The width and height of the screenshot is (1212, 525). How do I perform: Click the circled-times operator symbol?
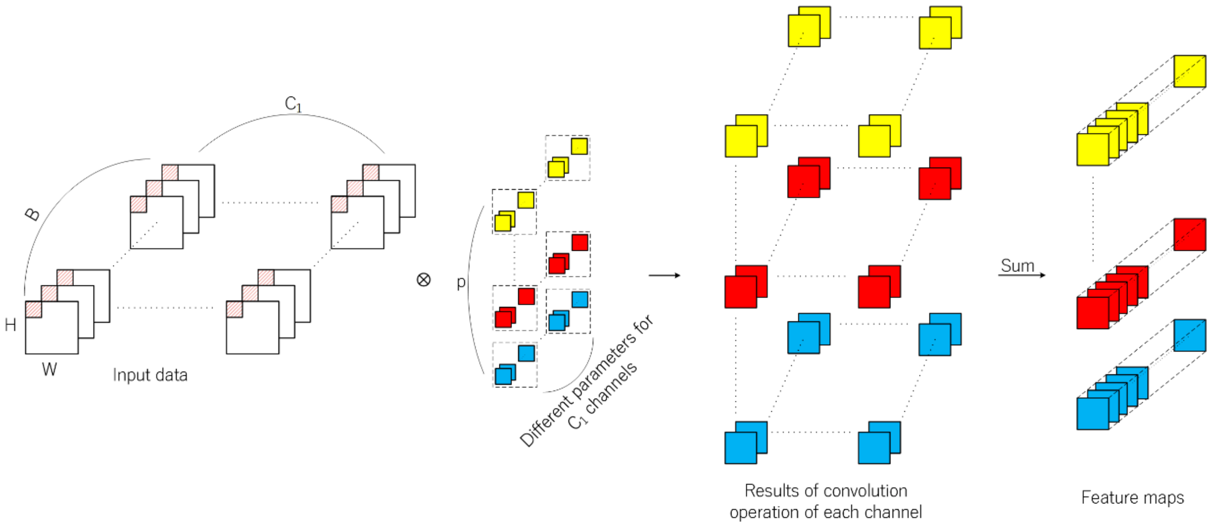tap(424, 280)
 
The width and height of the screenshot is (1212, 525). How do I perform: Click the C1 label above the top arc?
tap(293, 104)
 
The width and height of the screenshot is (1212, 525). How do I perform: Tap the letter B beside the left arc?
tap(32, 214)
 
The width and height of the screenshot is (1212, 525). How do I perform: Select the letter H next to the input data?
tap(10, 324)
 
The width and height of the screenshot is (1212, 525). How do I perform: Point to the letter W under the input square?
tap(49, 369)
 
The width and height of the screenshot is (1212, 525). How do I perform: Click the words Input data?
tap(150, 375)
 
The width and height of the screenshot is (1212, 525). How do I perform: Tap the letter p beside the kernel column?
tap(461, 282)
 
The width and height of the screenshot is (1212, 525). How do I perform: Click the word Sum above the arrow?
tap(1017, 265)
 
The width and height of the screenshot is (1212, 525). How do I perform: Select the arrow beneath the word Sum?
tap(1022, 275)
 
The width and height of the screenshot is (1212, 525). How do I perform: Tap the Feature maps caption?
tap(1132, 497)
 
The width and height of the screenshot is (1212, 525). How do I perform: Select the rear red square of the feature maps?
tap(1189, 235)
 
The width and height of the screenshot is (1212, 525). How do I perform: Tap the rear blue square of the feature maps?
tap(1189, 335)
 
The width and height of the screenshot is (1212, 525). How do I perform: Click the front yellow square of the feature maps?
tap(1092, 150)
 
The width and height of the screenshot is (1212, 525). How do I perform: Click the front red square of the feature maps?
tap(1092, 313)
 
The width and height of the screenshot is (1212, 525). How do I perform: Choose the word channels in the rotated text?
tap(612, 388)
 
